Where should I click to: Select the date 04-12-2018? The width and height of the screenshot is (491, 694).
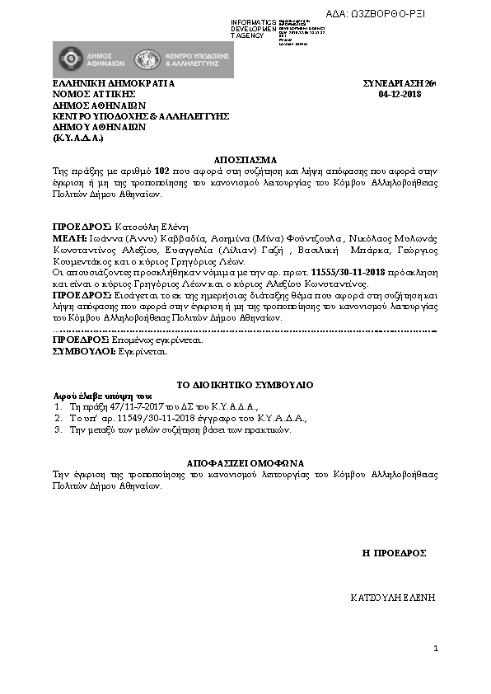399,95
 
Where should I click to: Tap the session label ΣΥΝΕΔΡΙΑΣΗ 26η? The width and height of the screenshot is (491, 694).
399,84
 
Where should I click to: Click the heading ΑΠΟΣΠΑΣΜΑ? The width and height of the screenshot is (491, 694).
245,159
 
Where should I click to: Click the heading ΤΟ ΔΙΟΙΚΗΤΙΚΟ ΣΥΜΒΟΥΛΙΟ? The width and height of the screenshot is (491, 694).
245,385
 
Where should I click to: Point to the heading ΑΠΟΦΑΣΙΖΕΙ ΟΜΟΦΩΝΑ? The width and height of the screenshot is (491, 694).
245,462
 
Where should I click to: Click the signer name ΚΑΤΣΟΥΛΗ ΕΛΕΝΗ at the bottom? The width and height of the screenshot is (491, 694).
391,596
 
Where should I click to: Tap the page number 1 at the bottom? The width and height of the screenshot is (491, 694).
436,650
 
